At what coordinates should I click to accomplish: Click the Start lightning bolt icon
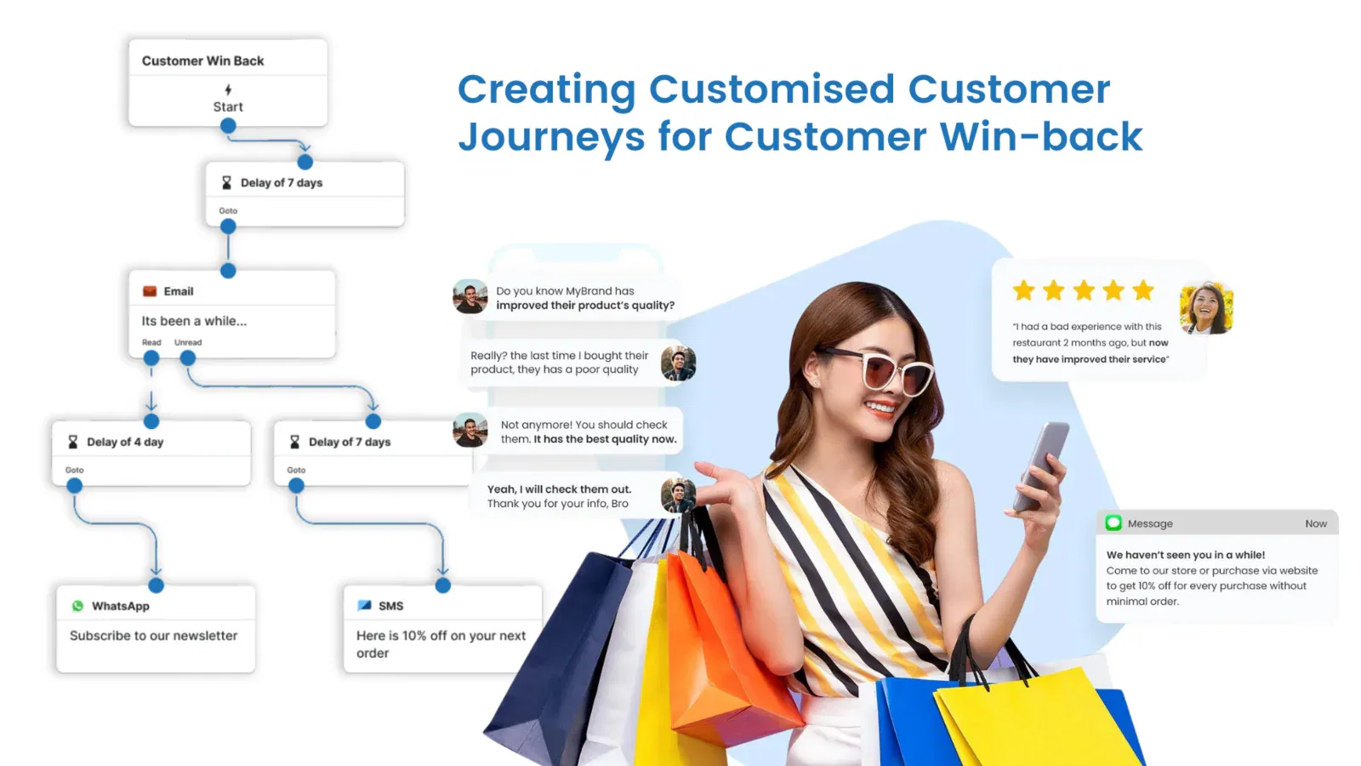click(228, 90)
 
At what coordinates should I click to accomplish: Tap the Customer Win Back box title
click(203, 60)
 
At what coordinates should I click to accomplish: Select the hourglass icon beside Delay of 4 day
click(73, 442)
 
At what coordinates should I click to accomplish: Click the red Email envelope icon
click(150, 291)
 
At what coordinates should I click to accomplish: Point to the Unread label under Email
click(188, 342)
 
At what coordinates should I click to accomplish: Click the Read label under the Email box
click(151, 342)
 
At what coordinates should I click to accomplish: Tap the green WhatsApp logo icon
click(77, 606)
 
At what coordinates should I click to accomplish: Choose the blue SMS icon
click(365, 605)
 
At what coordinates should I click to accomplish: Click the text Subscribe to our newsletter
click(154, 635)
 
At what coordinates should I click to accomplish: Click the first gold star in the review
click(1024, 290)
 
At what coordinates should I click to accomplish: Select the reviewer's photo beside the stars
click(1206, 307)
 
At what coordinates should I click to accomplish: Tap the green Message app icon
click(1113, 523)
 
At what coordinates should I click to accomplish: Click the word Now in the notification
click(1316, 523)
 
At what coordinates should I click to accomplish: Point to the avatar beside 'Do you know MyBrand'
click(470, 297)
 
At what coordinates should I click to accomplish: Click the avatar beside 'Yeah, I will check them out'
click(678, 494)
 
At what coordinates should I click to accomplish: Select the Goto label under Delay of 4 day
click(75, 470)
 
